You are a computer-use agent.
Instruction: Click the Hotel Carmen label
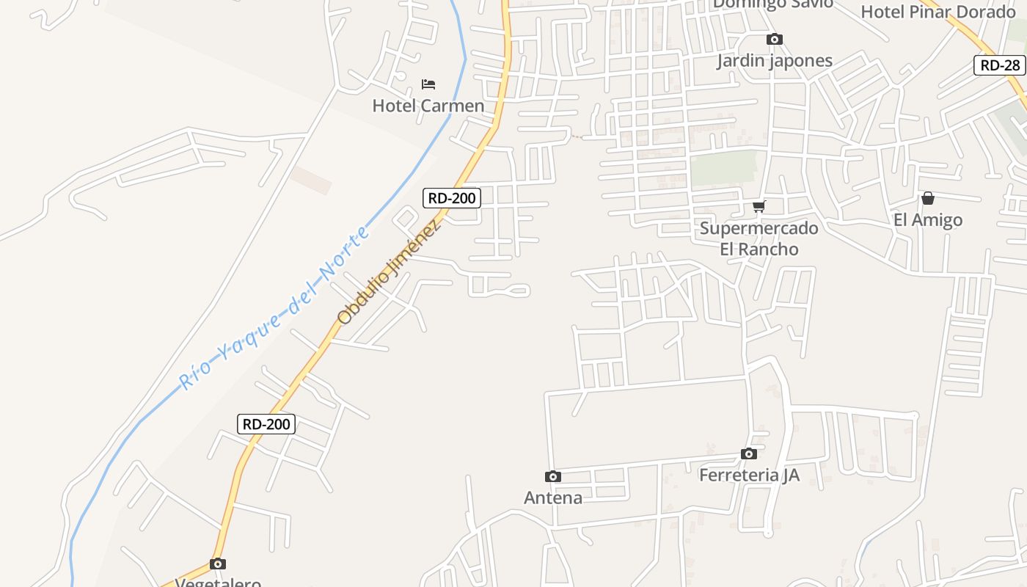coord(428,106)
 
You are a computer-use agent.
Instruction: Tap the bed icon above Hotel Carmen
coord(428,84)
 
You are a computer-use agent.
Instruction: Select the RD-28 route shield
coord(1000,65)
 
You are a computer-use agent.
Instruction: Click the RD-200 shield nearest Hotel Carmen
coord(452,198)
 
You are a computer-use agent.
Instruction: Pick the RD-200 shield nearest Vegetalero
coord(266,424)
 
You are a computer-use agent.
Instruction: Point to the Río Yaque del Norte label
coord(275,309)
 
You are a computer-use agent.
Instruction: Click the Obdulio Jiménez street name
coord(390,272)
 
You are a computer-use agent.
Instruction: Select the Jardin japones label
coord(774,61)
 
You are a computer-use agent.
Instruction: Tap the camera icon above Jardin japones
coord(774,40)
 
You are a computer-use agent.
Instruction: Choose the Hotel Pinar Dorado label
coord(938,12)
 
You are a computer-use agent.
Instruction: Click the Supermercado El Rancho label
coord(759,238)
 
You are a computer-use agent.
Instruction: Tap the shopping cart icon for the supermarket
coord(759,206)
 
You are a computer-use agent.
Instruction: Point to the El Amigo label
coord(927,220)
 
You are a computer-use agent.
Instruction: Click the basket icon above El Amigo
coord(928,198)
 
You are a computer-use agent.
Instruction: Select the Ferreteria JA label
coord(748,475)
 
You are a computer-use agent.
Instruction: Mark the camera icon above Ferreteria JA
coord(748,454)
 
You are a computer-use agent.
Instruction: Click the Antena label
coord(553,498)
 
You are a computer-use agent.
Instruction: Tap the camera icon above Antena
coord(553,477)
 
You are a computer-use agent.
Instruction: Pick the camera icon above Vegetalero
coord(218,564)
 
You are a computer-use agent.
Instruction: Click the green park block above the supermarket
coord(723,168)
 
